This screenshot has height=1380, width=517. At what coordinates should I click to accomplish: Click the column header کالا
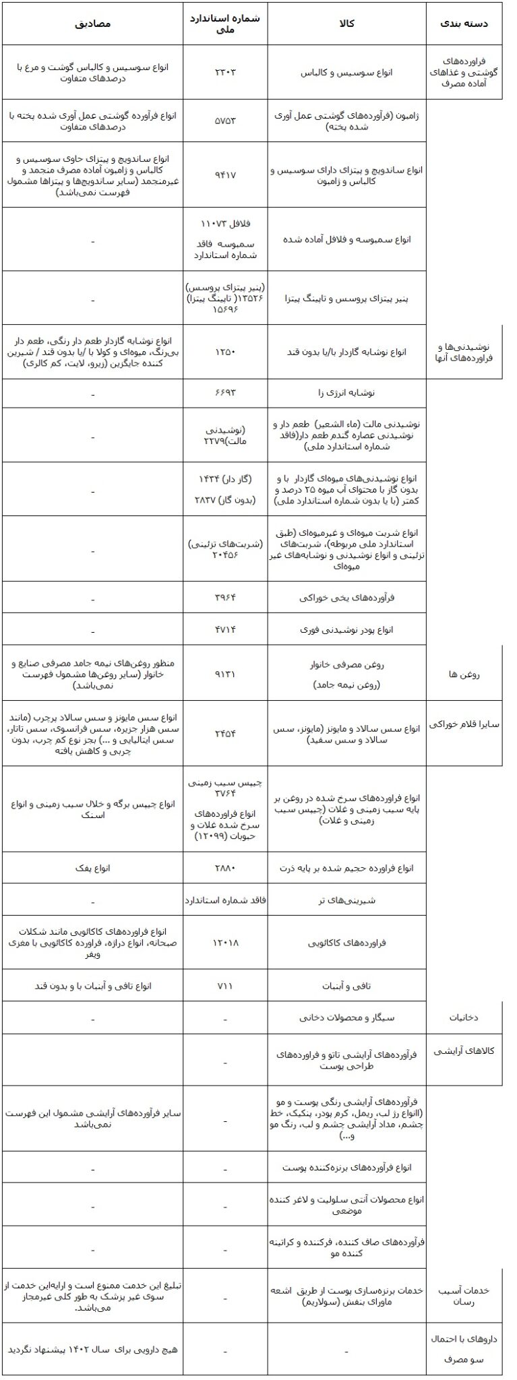pyautogui.click(x=346, y=24)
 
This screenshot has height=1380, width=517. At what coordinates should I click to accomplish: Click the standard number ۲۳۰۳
pyautogui.click(x=225, y=72)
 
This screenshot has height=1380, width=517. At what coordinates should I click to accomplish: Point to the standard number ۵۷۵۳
pyautogui.click(x=225, y=121)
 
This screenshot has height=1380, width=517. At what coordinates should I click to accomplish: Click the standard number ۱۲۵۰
pyautogui.click(x=225, y=351)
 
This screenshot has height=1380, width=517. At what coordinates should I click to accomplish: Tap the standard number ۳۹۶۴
pyautogui.click(x=225, y=597)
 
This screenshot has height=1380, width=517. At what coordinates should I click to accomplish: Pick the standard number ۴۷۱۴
pyautogui.click(x=225, y=629)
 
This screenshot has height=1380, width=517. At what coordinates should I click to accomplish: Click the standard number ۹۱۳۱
pyautogui.click(x=225, y=672)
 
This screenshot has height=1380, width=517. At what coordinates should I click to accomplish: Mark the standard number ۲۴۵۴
pyautogui.click(x=225, y=732)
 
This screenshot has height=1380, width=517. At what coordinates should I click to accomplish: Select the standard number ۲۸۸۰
pyautogui.click(x=225, y=867)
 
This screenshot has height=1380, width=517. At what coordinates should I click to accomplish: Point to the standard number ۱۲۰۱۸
pyautogui.click(x=225, y=942)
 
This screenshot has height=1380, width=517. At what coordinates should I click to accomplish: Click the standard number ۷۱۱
pyautogui.click(x=225, y=985)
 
